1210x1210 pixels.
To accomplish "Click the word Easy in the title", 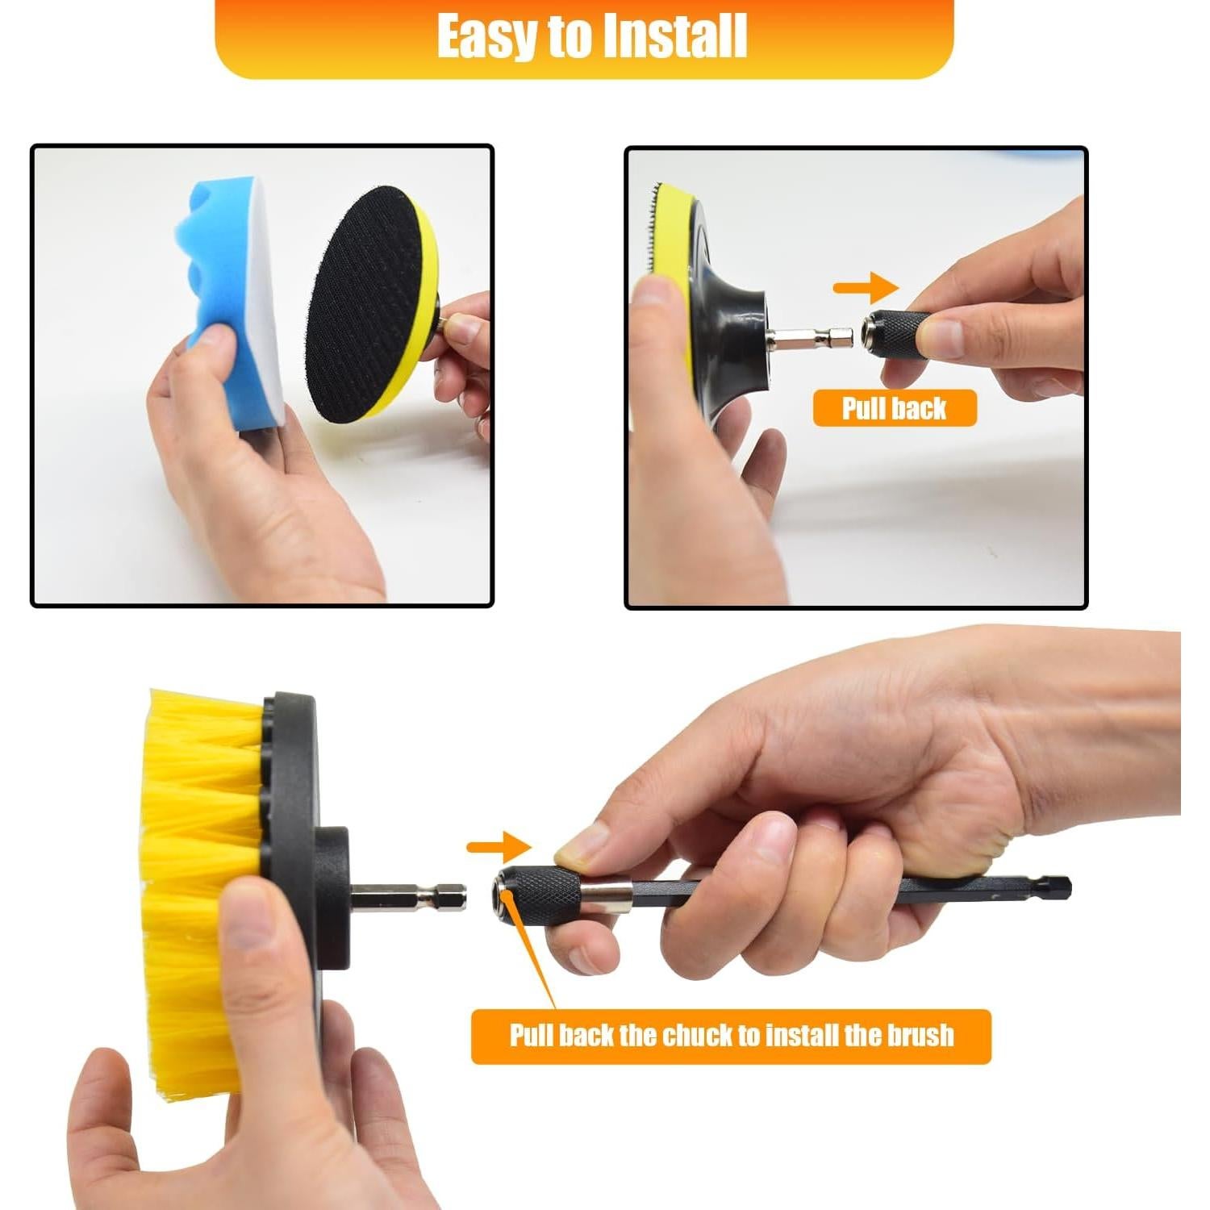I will pos(487,36).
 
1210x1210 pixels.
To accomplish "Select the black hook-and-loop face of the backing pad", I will pos(363,302).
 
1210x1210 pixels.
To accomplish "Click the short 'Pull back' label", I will pos(894,408).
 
